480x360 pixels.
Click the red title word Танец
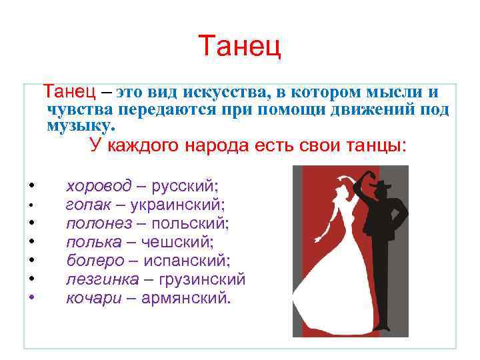(240, 46)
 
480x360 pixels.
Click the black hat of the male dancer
(379, 184)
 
